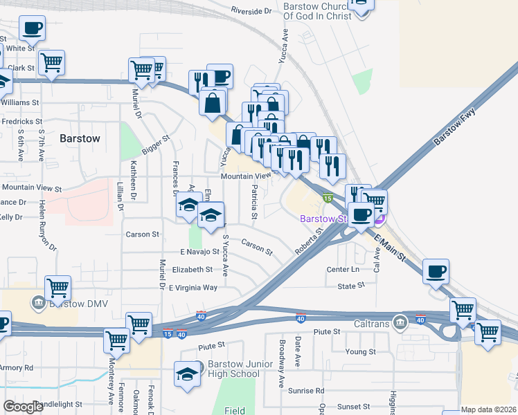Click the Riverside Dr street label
pos(251,11)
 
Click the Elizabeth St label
pos(193,270)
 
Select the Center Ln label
pos(344,269)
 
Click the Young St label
pos(360,352)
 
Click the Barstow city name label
pos(80,138)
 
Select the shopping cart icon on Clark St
pos(52,62)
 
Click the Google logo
pos(23,407)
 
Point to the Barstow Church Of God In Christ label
pos(318,10)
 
